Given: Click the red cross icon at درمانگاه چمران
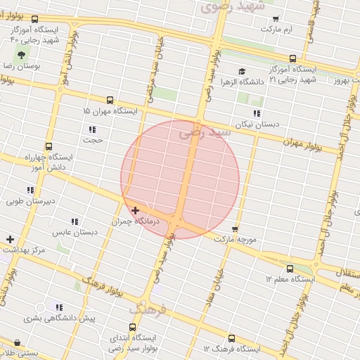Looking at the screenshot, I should [134, 210].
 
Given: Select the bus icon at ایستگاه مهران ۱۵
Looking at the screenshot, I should [110, 101].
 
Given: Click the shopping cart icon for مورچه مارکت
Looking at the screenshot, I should [235, 229].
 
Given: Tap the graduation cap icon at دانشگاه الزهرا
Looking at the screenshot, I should [242, 71].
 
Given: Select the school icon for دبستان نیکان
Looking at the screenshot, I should [257, 112].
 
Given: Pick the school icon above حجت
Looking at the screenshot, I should [92, 129].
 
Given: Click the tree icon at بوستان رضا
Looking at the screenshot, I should [20, 55].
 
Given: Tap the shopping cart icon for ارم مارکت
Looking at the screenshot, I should [275, 19].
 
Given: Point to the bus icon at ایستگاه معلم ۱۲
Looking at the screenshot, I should [290, 269].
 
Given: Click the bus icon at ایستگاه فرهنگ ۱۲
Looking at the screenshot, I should [232, 338].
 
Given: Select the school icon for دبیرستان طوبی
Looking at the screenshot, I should [30, 190].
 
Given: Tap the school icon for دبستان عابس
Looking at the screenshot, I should [75, 221].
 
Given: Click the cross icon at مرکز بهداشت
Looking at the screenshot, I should [10, 239].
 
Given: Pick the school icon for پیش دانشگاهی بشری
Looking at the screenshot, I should [59, 307].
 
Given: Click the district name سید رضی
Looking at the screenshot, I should [205, 131].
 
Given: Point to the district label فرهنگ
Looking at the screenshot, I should [148, 308].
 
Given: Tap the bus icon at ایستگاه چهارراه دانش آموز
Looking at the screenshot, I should [48, 146].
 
